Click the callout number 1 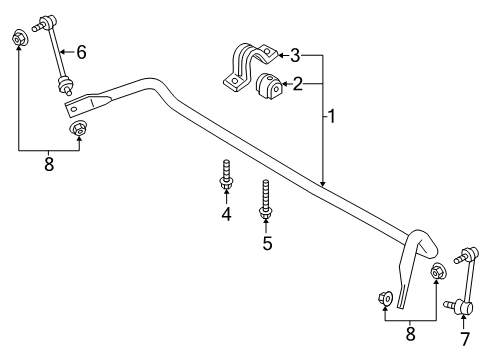[330, 118]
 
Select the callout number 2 [298, 84]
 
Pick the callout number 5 [267, 242]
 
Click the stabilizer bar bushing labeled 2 [268, 86]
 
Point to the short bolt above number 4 [226, 175]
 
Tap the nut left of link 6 [18, 39]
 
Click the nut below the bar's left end [77, 130]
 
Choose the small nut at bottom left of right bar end [384, 298]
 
